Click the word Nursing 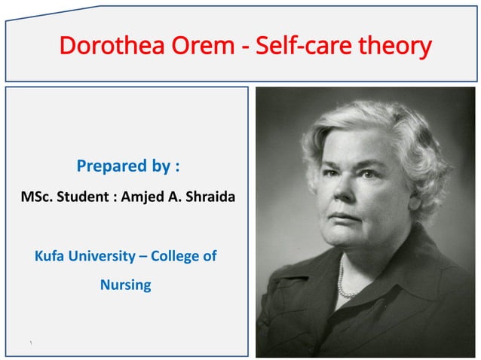point(125,285)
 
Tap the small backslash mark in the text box point(31,344)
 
